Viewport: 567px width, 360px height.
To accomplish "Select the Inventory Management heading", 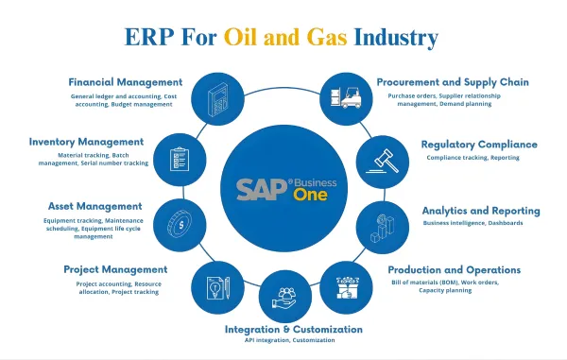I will tap(85, 142).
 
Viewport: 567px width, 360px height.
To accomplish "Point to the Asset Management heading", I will tap(94, 205).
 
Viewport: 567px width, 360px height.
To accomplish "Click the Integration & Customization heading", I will tap(293, 329).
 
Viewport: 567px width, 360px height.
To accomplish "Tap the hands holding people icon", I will tap(281, 295).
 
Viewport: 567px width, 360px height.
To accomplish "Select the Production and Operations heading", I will tap(455, 269).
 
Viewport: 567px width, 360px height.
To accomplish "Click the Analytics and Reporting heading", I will tap(481, 210).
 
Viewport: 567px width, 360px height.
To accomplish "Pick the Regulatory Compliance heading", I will tap(479, 145).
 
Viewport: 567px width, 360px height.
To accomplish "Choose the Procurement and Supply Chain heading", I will tap(453, 82).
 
